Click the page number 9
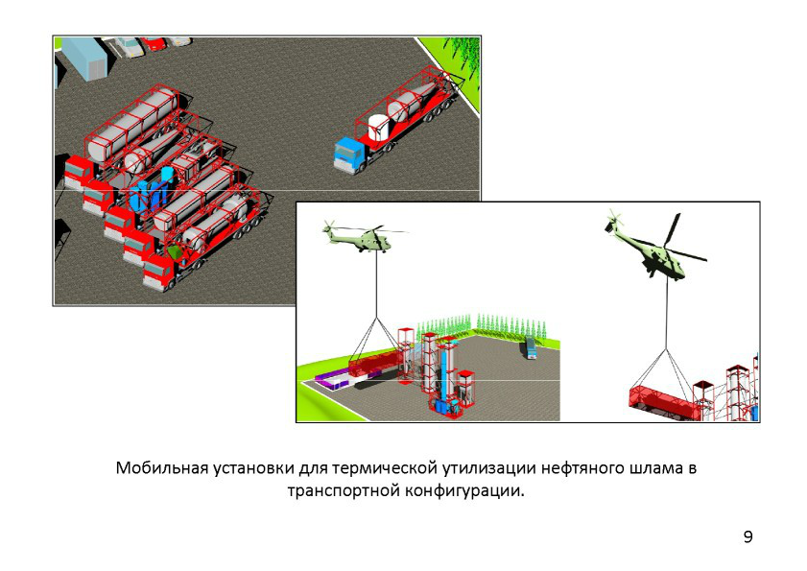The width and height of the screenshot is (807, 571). pyautogui.click(x=748, y=536)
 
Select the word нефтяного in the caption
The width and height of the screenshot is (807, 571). pyautogui.click(x=582, y=468)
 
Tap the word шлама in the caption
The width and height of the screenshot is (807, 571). pyautogui.click(x=651, y=468)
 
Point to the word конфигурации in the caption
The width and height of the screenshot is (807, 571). pyautogui.click(x=463, y=490)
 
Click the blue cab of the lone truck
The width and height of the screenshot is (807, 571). pyautogui.click(x=347, y=153)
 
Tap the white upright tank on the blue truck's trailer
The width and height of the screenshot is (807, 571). pyautogui.click(x=378, y=128)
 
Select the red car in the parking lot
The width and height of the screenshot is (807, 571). pyautogui.click(x=154, y=43)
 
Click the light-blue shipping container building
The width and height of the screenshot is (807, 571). pyautogui.click(x=87, y=58)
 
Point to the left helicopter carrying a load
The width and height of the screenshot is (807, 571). pyautogui.click(x=362, y=236)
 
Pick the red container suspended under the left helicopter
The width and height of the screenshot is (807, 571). pyautogui.click(x=374, y=364)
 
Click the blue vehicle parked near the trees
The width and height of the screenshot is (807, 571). pyautogui.click(x=530, y=347)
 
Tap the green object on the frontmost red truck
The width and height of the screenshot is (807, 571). pyautogui.click(x=175, y=252)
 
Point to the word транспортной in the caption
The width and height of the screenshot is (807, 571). pyautogui.click(x=343, y=490)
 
